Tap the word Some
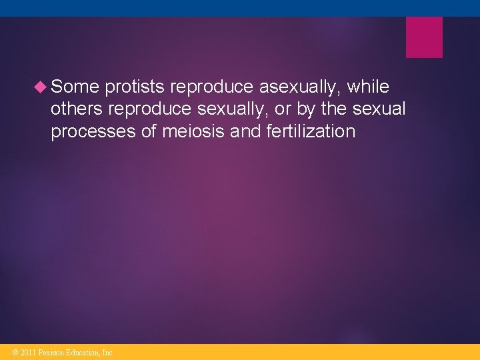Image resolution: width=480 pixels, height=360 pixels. [75, 87]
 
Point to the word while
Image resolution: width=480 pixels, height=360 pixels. [368, 87]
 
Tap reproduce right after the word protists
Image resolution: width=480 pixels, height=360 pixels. [214, 87]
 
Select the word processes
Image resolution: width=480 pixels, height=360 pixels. [93, 131]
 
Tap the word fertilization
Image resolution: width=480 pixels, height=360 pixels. [311, 131]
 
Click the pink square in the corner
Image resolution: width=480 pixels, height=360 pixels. [424, 37]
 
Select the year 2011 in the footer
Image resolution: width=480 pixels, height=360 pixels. [27, 352]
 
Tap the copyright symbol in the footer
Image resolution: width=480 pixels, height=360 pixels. [15, 352]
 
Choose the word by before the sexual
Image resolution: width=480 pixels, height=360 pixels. [301, 109]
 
